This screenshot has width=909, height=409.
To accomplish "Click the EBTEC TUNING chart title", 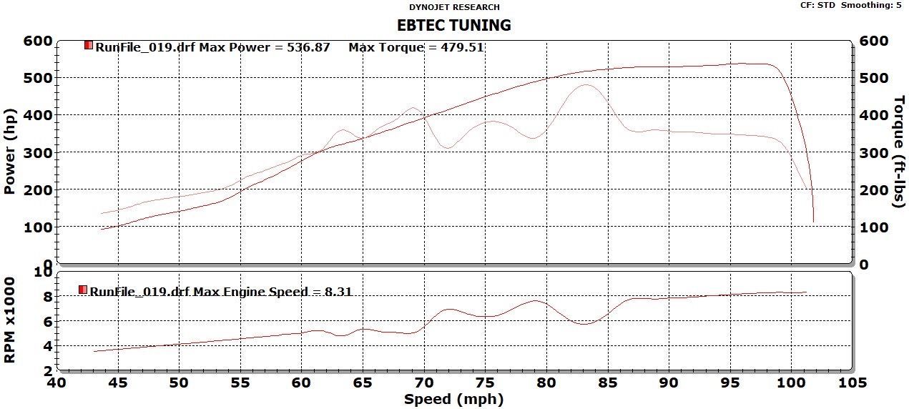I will [x=454, y=25].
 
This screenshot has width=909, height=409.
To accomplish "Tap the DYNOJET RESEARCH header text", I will [x=454, y=7].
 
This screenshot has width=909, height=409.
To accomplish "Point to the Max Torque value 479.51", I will [x=464, y=47].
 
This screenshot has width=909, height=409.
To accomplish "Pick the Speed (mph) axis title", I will [x=453, y=399].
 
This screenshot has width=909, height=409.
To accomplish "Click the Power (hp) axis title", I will [x=10, y=152].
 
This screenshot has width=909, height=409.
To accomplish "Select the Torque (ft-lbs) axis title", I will [x=899, y=152].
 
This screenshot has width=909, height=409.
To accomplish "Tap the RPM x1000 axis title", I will [x=10, y=320].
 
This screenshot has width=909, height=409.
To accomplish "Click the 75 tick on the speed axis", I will [x=486, y=383].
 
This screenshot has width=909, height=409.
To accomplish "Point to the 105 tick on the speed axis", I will [x=850, y=383].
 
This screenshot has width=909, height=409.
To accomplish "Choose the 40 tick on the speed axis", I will [x=58, y=383].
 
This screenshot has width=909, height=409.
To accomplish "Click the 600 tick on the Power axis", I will [x=38, y=41].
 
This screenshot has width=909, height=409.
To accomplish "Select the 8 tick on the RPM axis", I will [x=46, y=296].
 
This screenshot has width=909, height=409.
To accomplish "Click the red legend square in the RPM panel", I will [x=83, y=290].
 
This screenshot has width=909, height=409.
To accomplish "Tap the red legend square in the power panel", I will [x=89, y=45].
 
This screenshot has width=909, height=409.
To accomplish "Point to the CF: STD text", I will [x=817, y=5].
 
